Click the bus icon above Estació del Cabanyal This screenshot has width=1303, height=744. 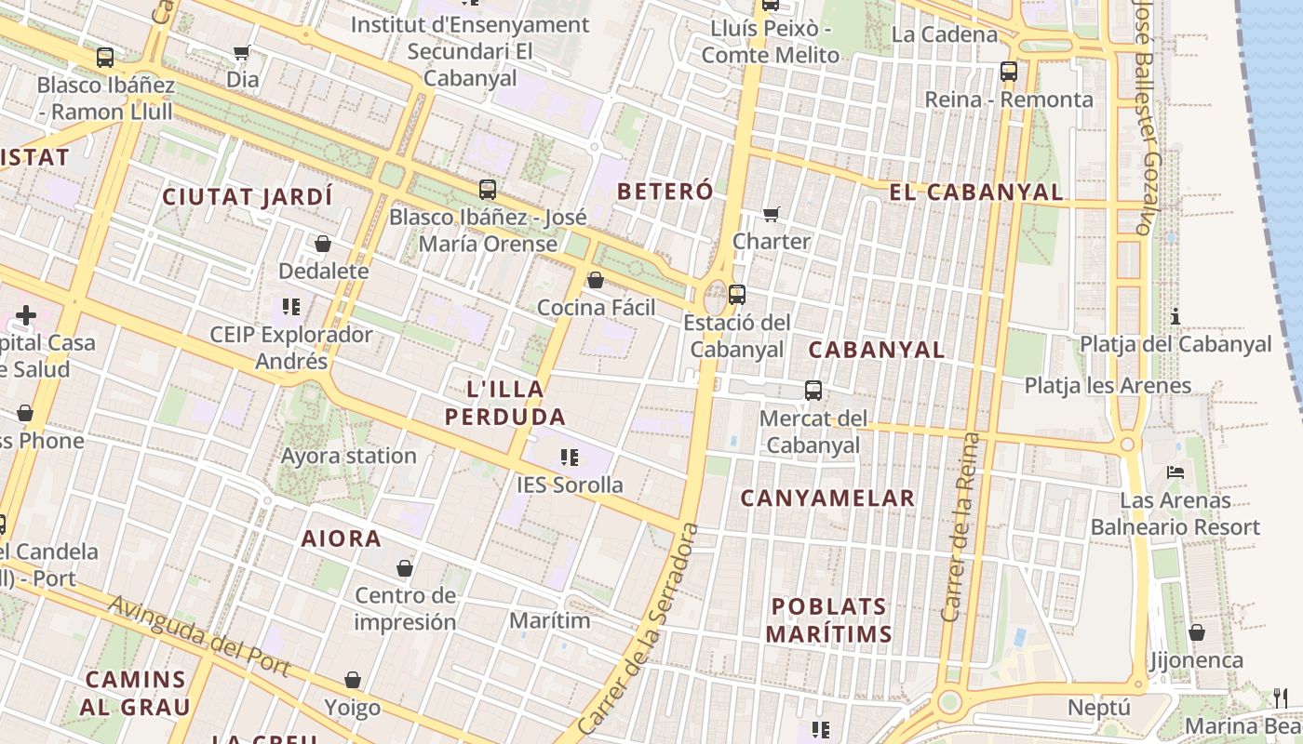pos(737,295)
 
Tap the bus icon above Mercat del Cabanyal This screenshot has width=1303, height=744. pos(813,391)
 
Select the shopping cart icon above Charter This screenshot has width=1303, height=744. pos(771,215)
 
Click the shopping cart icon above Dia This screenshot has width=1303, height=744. pos(242,53)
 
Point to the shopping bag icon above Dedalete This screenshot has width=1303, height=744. pos(323,244)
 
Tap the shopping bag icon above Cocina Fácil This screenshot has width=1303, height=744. pos(596,280)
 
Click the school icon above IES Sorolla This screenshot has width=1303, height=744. pos(570,458)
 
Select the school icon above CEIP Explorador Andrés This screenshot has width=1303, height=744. pos(290,306)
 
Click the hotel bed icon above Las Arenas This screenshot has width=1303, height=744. pos(1175,472)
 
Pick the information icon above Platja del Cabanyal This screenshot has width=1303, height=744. pos(1175,316)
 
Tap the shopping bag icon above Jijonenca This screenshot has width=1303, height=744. pos(1197,633)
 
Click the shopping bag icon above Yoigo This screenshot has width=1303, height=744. pos(353,681)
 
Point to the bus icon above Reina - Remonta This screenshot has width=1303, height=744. pos(1008,71)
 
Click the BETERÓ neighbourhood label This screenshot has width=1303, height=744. pos(665,192)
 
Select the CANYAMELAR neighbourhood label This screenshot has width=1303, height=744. pos(827,498)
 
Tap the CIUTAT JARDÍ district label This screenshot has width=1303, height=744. pos(247,197)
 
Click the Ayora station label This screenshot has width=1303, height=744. pos(349,456)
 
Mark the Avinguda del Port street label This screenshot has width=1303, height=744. pos(198,636)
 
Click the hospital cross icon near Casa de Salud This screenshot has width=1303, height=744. pos(26,315)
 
